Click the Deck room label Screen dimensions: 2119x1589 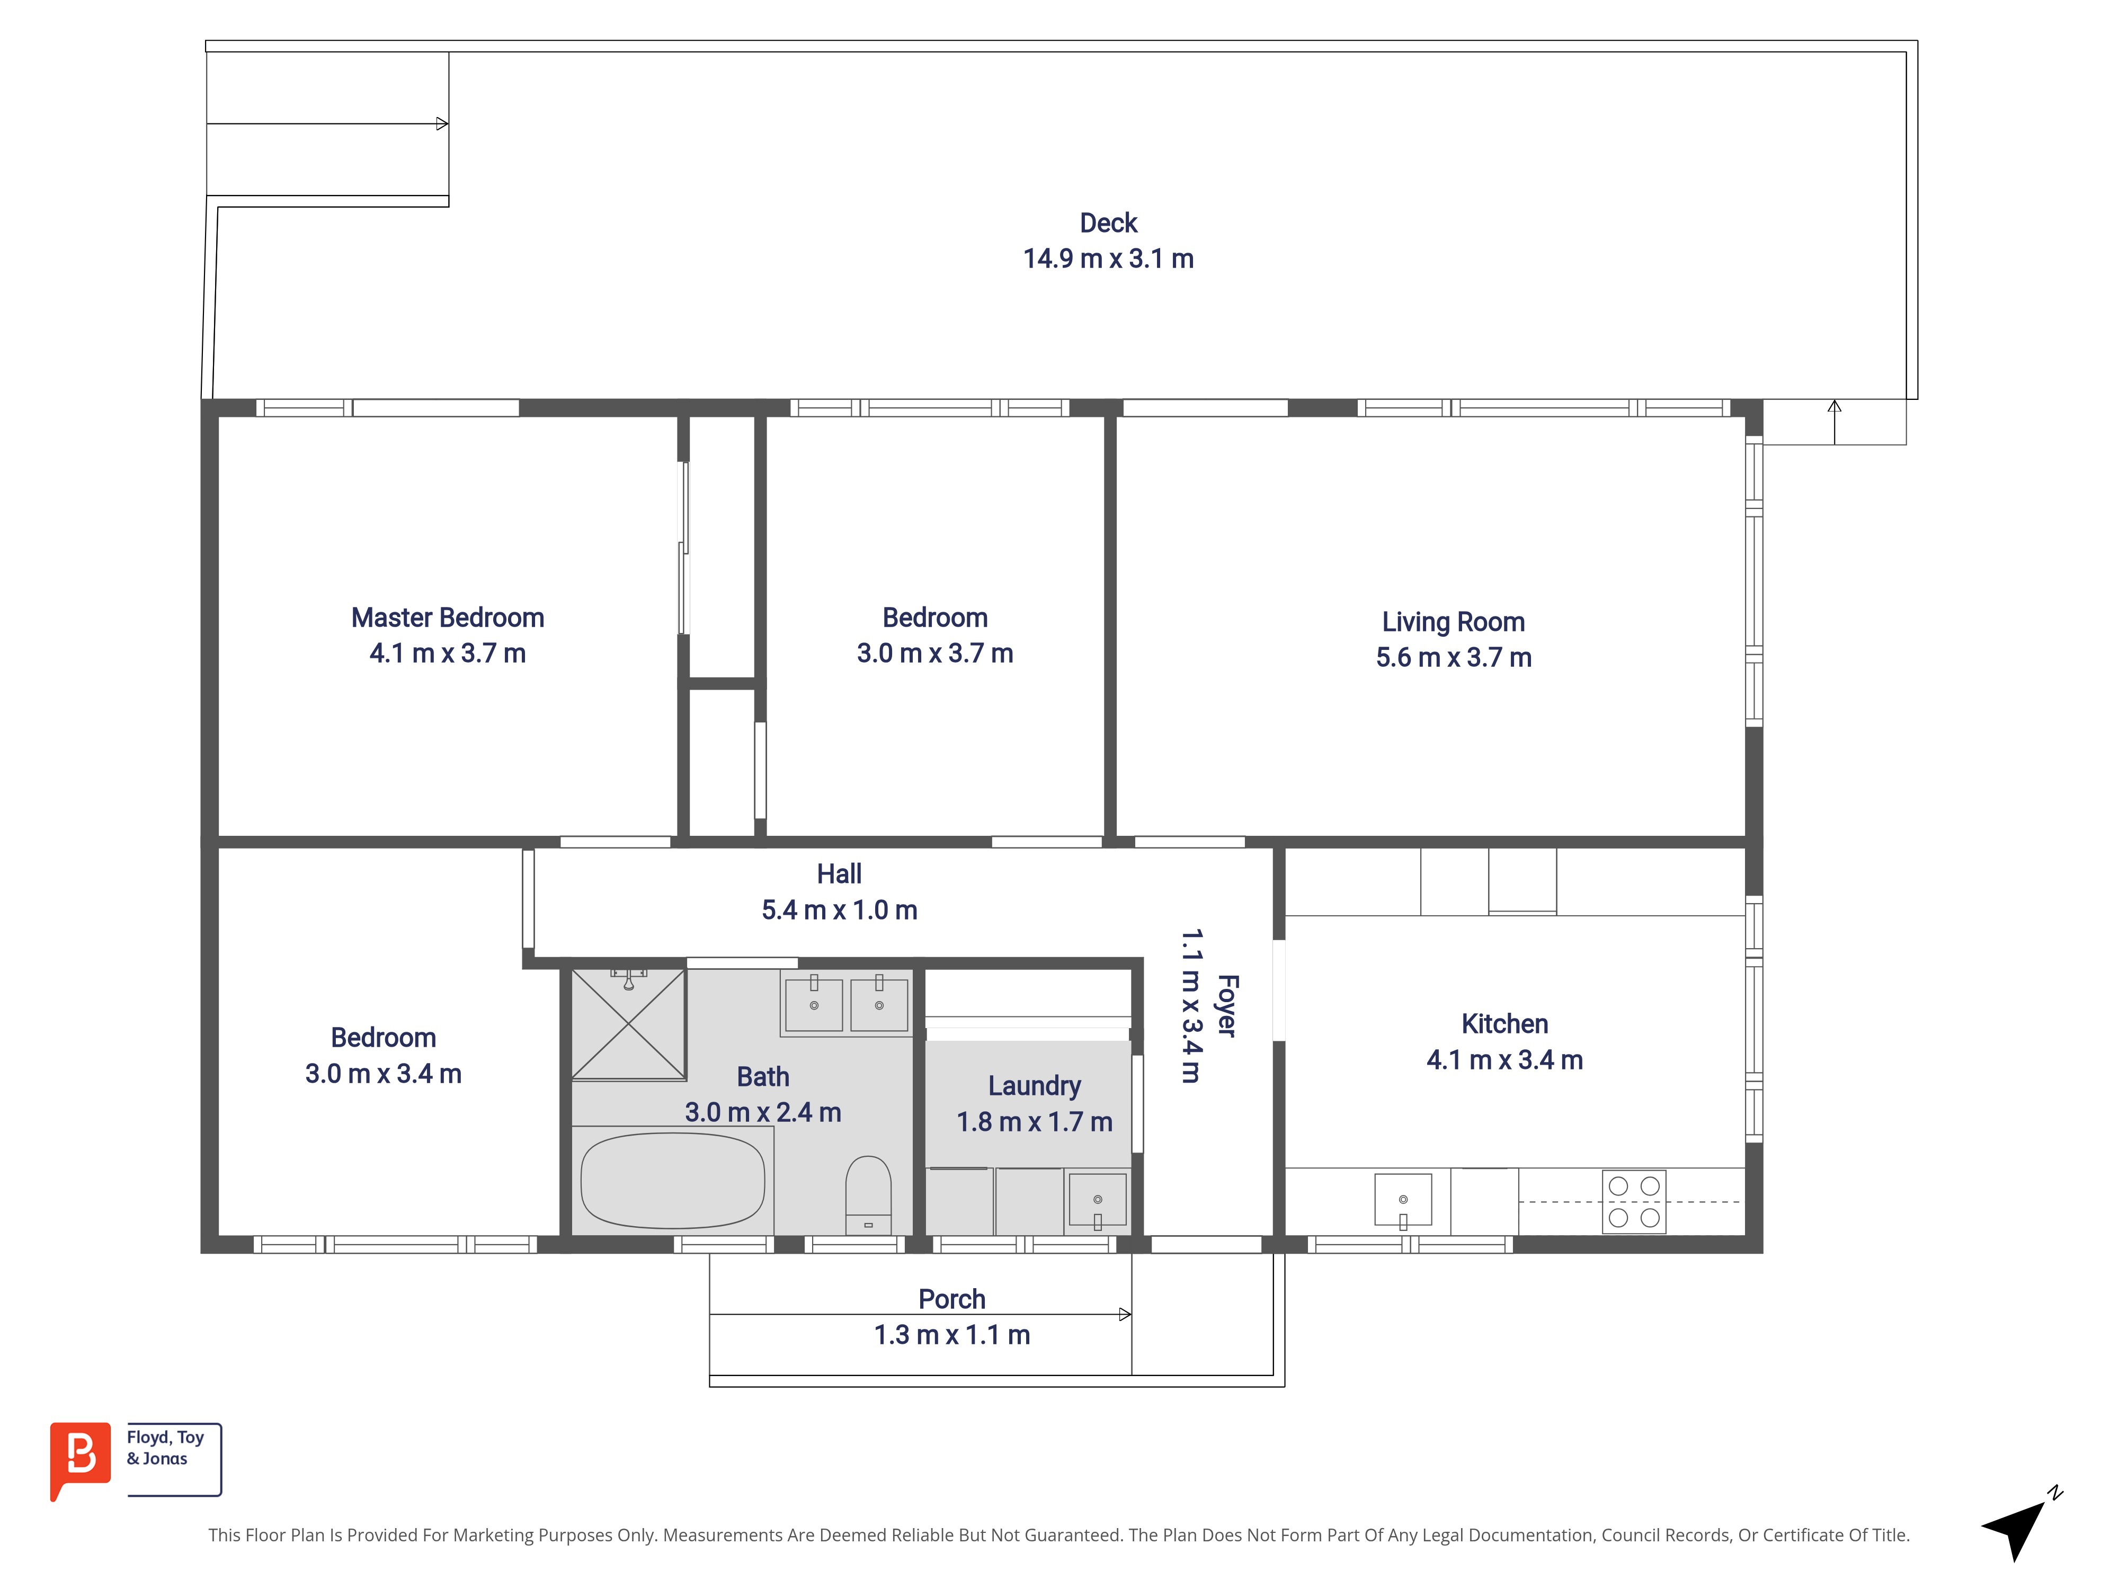pyautogui.click(x=1108, y=223)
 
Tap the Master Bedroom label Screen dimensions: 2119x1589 pyautogui.click(x=447, y=618)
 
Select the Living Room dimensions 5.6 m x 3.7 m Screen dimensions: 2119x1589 pyautogui.click(x=1453, y=658)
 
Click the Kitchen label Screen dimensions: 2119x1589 pyautogui.click(x=1504, y=1024)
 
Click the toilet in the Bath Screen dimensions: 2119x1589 pyautogui.click(x=868, y=1194)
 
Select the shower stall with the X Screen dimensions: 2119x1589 pyautogui.click(x=628, y=1024)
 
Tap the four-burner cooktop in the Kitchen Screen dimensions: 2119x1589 pyautogui.click(x=1634, y=1201)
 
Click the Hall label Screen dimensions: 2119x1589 pyautogui.click(x=839, y=874)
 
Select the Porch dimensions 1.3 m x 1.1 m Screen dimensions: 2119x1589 pyautogui.click(x=951, y=1335)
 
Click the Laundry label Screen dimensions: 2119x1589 pyautogui.click(x=1035, y=1086)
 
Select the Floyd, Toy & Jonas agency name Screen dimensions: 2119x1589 pyautogui.click(x=165, y=1448)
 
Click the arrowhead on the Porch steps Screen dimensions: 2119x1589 pyautogui.click(x=1126, y=1314)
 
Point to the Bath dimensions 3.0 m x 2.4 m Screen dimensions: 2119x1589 pyautogui.click(x=762, y=1113)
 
